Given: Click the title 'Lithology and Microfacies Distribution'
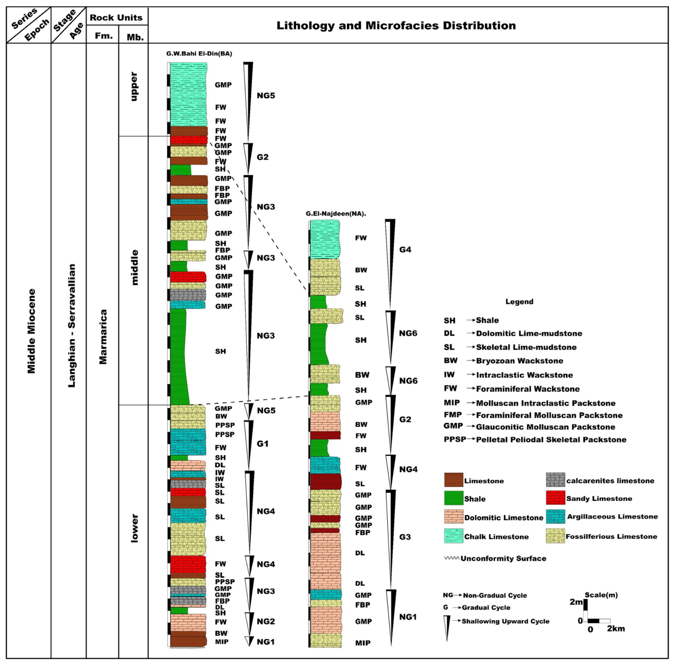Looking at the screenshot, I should click(396, 26).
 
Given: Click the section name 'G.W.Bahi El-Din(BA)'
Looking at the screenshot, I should click(199, 53).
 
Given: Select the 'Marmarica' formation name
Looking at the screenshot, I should click(103, 337).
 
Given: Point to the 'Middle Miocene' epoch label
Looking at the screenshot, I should click(31, 331).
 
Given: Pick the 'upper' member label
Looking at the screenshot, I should click(134, 87).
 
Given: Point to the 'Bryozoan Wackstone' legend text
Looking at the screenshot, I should click(519, 361).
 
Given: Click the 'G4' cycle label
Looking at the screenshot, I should click(405, 249).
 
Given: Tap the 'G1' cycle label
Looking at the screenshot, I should click(263, 444).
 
